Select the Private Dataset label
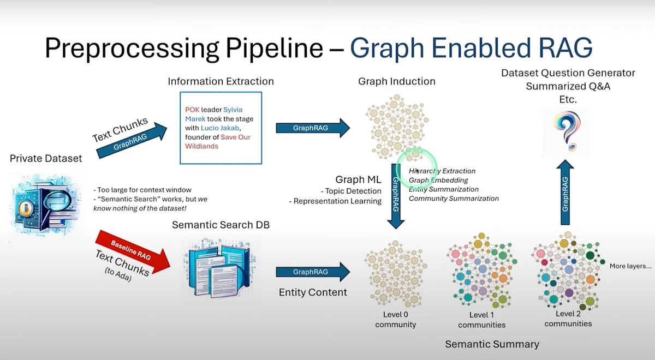point(46,159)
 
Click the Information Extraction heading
point(221,81)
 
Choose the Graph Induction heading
point(397,81)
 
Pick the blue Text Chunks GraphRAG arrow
point(132,141)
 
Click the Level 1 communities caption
point(481,320)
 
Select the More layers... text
point(630,267)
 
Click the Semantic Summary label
point(492,344)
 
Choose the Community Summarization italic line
point(454,199)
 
